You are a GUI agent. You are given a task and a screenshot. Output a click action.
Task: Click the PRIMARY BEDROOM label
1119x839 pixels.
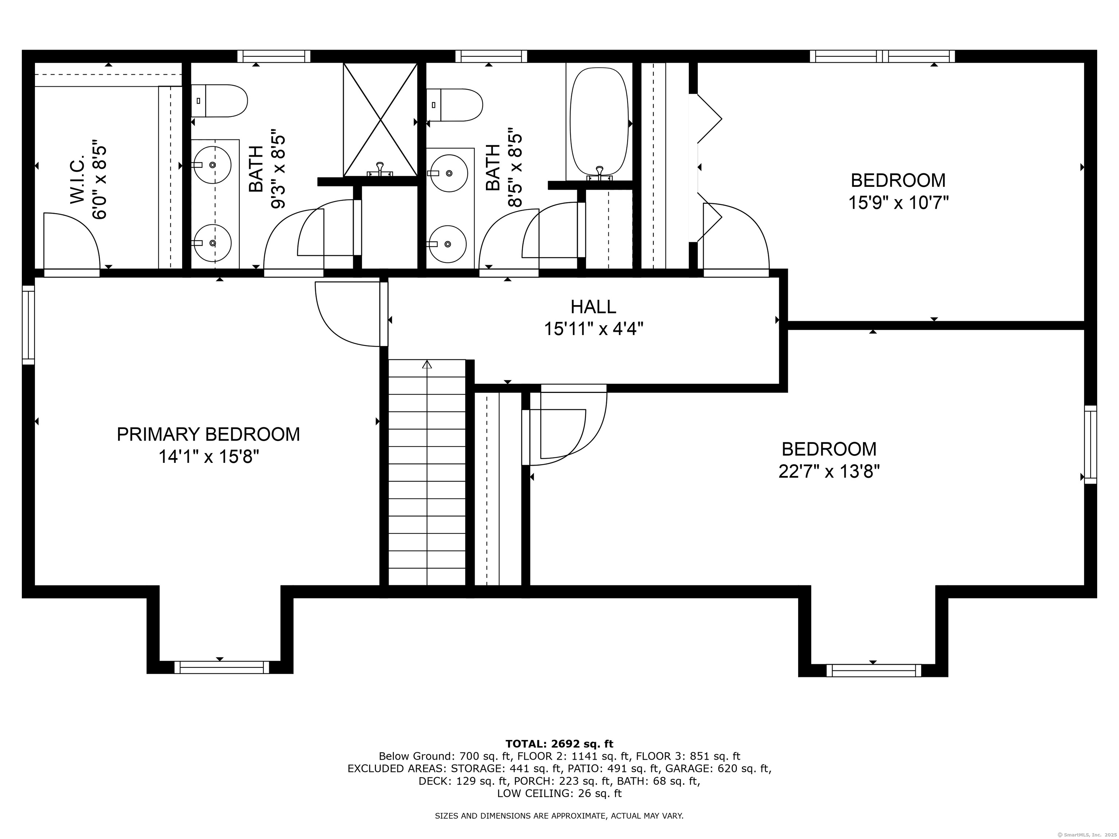coord(208,434)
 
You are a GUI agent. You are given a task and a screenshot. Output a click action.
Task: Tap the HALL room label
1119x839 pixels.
coord(593,307)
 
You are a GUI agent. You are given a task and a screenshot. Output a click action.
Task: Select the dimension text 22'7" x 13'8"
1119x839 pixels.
coord(829,472)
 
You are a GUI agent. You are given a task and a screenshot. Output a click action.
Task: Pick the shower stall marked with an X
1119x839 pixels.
coord(380,119)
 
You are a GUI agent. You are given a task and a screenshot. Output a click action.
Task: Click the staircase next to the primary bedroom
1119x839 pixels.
coord(427,473)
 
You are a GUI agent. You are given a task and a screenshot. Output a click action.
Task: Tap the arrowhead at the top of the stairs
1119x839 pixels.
coord(427,364)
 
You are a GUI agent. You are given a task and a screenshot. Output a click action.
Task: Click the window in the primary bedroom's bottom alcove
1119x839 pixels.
coord(221,667)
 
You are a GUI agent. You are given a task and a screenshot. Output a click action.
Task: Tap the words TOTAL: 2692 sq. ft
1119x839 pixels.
coord(559,744)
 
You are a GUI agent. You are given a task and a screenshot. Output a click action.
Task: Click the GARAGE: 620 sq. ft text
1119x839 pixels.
coord(718,769)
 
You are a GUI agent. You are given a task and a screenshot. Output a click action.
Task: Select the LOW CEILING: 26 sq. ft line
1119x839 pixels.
coord(559,793)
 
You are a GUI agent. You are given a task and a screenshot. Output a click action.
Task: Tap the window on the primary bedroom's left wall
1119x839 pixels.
coord(29,325)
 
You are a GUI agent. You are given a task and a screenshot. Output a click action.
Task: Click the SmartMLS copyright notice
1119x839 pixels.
coord(1088,835)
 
